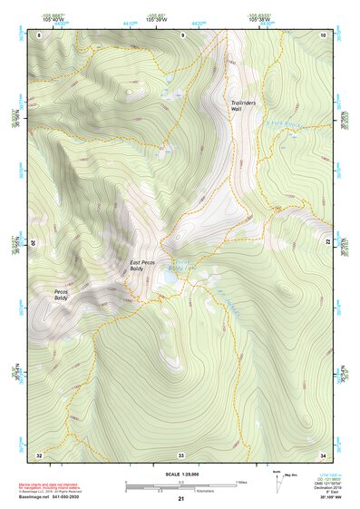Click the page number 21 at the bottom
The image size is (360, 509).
coord(180,499)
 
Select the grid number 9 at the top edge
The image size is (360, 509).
coord(181,34)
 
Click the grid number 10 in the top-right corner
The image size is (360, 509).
coord(322,34)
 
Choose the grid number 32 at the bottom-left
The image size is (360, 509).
coord(39,454)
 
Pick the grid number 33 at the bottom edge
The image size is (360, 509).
coord(181,454)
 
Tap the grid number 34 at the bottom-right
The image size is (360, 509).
coord(322,454)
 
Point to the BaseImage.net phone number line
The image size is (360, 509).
coord(51,498)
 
